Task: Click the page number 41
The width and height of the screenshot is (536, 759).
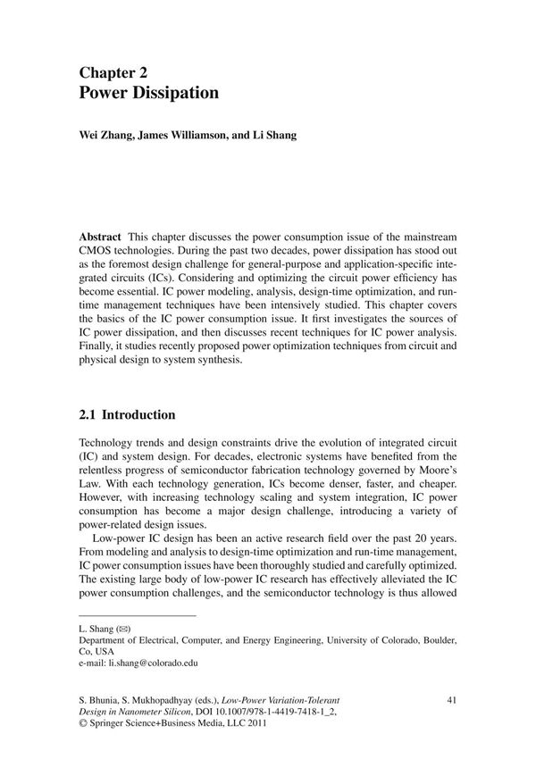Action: [450, 699]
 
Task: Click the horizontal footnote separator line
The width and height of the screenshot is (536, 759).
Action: [138, 616]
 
